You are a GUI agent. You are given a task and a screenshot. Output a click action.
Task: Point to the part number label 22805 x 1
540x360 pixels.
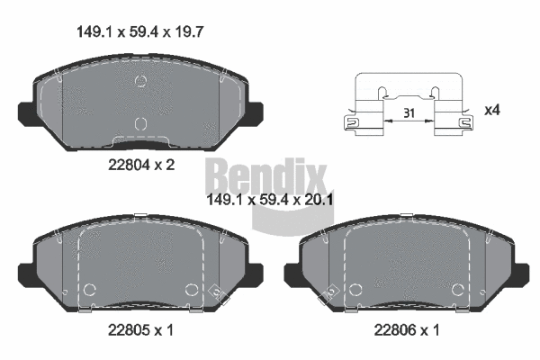pyautogui.click(x=139, y=329)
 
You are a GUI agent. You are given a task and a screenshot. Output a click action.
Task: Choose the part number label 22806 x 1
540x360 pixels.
pyautogui.click(x=406, y=329)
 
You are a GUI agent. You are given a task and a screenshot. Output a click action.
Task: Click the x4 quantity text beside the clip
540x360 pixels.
pyautogui.click(x=492, y=110)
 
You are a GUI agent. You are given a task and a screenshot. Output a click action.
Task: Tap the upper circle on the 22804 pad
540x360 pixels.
pyautogui.click(x=139, y=83)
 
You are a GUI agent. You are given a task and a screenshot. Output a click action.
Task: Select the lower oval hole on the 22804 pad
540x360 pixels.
pyautogui.click(x=139, y=123)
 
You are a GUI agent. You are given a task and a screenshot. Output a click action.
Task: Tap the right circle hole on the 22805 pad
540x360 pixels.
pyautogui.click(x=191, y=290)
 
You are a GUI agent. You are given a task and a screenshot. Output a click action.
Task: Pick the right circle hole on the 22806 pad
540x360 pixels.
pyautogui.click(x=457, y=290)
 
